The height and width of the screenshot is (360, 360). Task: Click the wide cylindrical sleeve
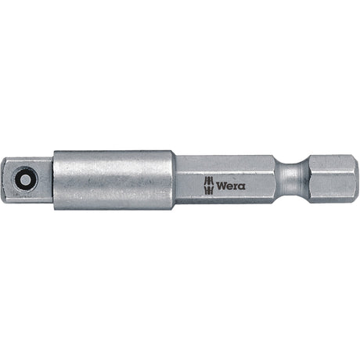tap(113, 179)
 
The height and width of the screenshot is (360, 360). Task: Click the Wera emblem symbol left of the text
tap(209, 185)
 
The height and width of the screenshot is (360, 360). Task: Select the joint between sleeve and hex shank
tap(175, 179)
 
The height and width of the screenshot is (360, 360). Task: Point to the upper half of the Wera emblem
tap(209, 182)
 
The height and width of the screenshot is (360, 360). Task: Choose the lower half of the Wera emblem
tap(209, 189)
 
